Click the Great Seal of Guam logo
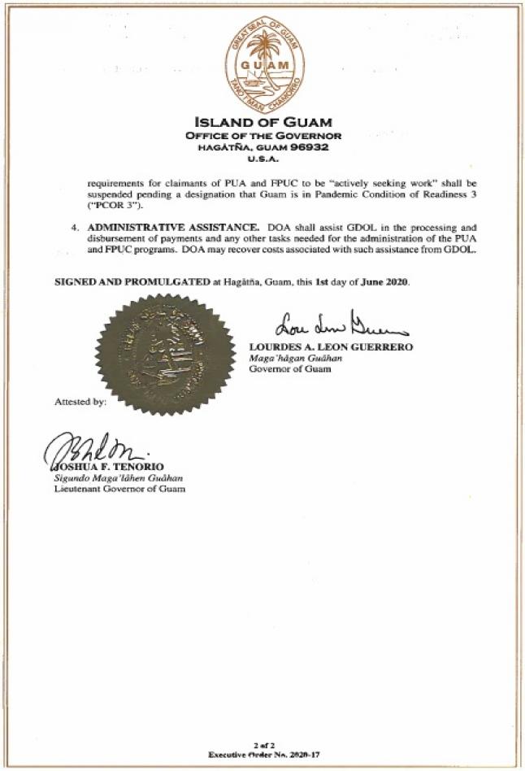coord(263,56)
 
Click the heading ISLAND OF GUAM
coord(263,123)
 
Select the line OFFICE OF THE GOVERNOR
coord(263,136)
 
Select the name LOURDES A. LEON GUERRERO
coord(331,347)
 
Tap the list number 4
coord(74,227)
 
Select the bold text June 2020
coord(388,281)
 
